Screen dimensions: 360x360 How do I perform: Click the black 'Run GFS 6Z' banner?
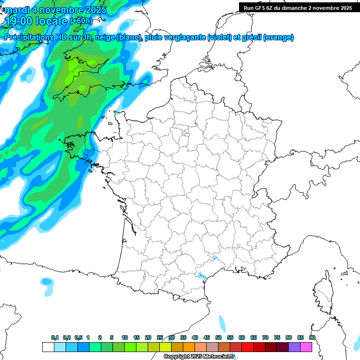click(x=298, y=7)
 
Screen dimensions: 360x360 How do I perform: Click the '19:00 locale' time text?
click(x=37, y=20)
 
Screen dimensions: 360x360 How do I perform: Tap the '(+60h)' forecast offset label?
click(x=81, y=21)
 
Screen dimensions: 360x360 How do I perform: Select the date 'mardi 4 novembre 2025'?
click(x=55, y=9)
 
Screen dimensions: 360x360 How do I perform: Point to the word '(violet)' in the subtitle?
click(x=220, y=37)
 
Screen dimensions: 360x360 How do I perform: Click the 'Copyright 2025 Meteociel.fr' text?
click(x=199, y=356)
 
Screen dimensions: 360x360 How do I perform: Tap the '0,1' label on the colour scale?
click(x=55, y=337)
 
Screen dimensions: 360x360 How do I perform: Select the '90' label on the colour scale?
click(x=312, y=337)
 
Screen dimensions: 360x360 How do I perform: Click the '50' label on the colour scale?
click(x=218, y=337)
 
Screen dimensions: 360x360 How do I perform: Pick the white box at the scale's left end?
click(x=48, y=347)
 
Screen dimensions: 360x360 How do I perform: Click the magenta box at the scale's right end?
click(x=306, y=347)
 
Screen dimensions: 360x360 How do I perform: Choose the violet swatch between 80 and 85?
click(x=294, y=347)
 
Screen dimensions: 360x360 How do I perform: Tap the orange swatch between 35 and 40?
click(x=189, y=347)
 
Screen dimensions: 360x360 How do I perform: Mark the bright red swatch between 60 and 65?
click(x=247, y=347)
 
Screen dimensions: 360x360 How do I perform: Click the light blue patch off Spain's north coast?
click(x=46, y=281)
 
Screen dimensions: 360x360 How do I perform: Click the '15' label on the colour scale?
click(x=136, y=337)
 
